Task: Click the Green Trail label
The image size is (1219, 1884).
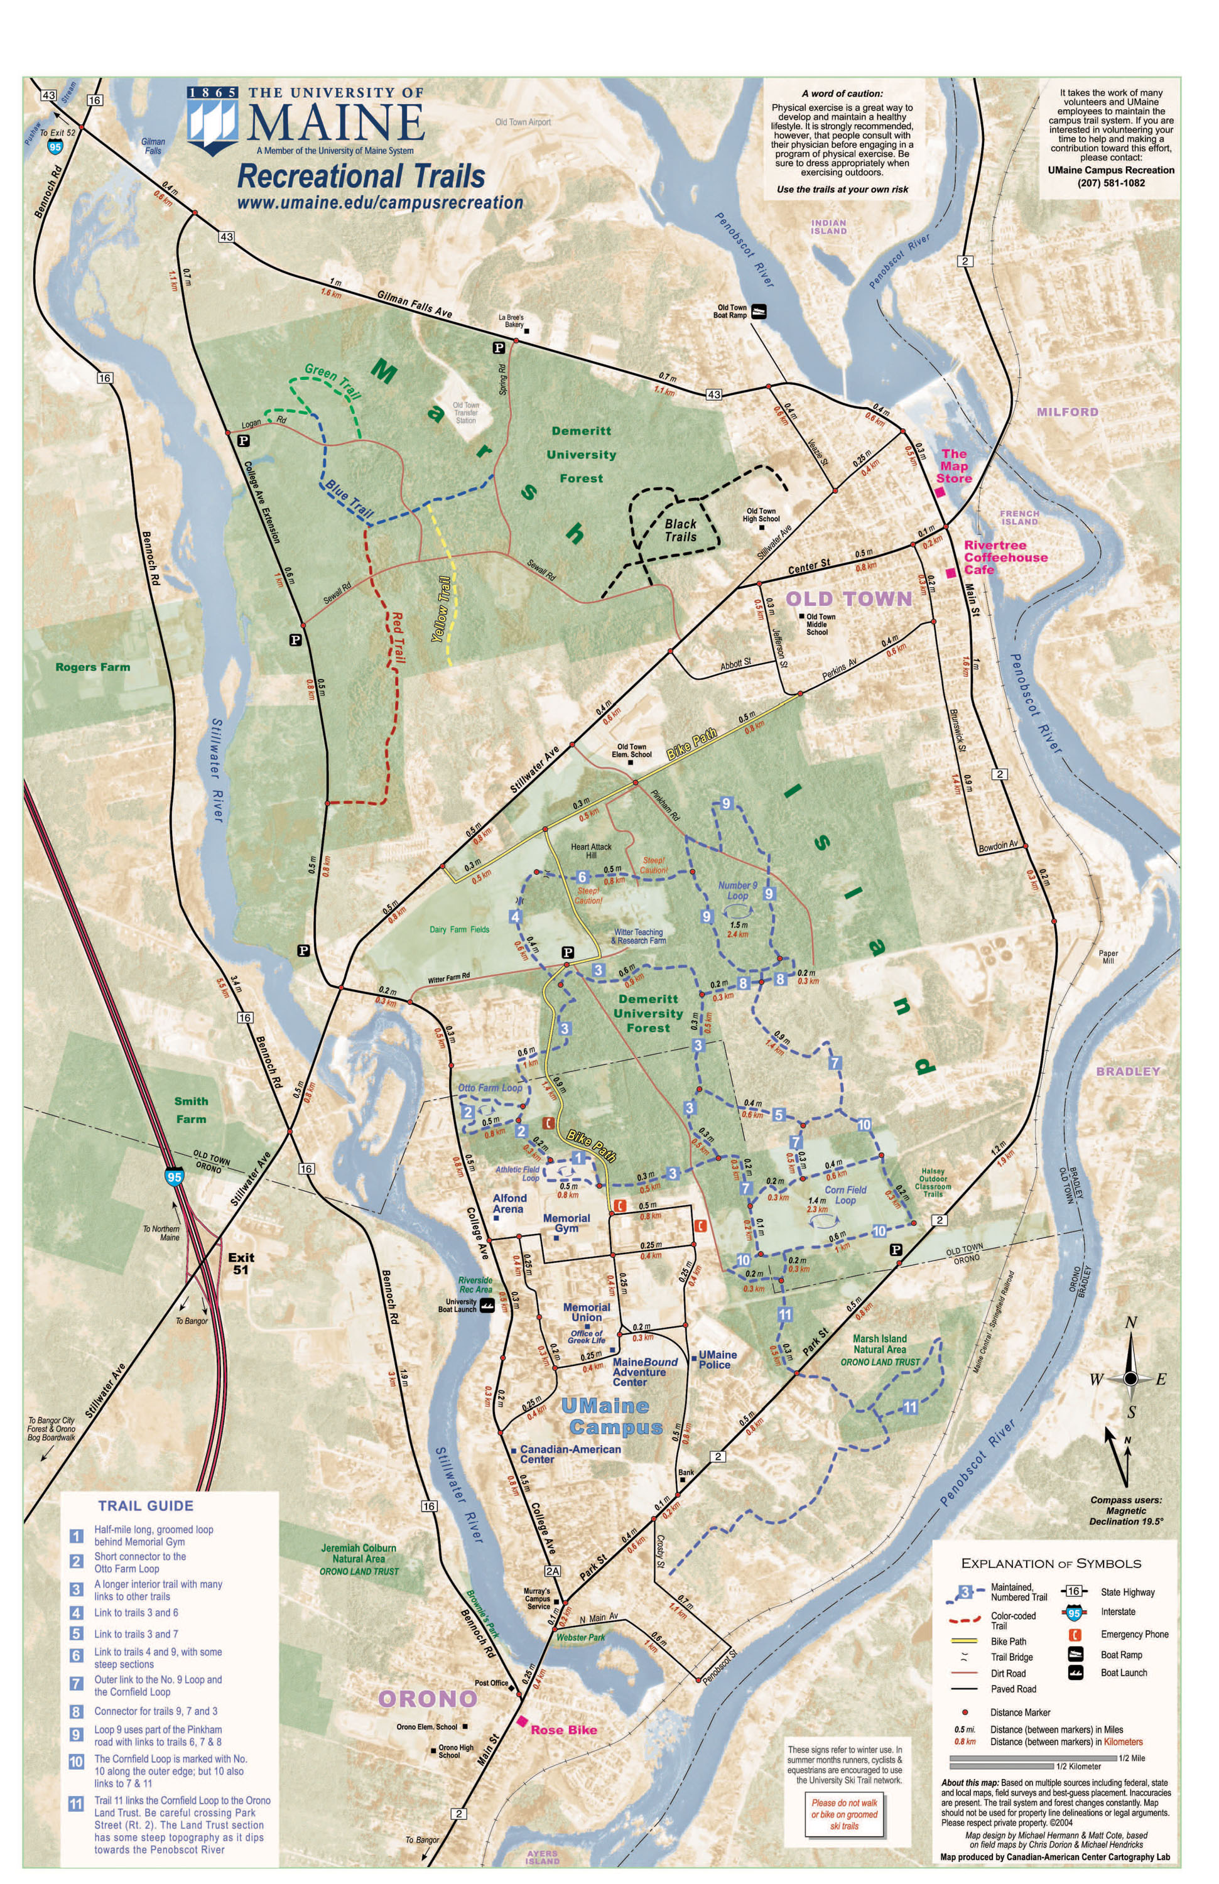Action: [332, 381]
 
